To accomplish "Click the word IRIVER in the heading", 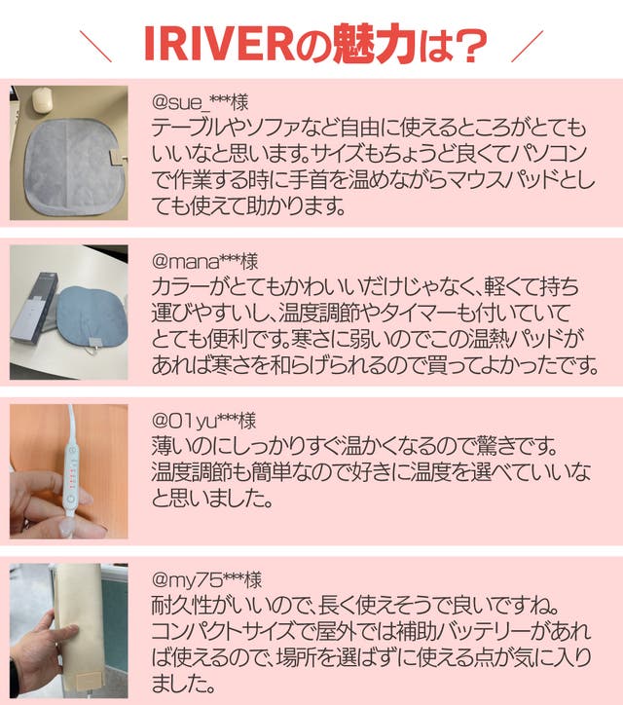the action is pos(219,45).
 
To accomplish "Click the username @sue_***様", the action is pos(200,102).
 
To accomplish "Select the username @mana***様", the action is pos(205,261).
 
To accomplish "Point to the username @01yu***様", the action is pos(203,421).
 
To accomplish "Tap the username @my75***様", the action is pos(206,579).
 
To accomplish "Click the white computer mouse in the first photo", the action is pos(42,99).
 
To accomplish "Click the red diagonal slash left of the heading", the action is pos(95,46).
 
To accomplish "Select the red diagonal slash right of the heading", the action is pos(528,46).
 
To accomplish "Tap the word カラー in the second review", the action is pos(179,286).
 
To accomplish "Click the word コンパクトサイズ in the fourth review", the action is pos(224,631).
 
